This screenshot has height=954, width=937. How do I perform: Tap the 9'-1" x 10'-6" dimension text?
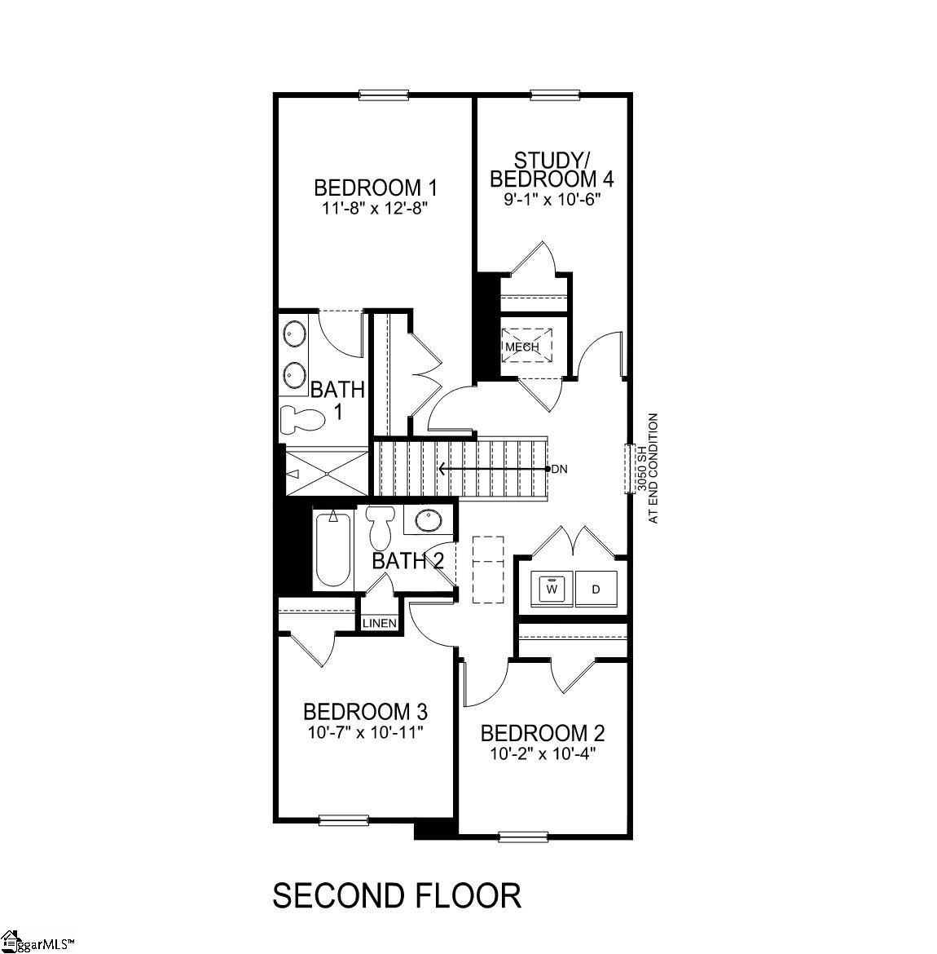coord(552,198)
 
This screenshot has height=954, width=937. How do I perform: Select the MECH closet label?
coord(522,347)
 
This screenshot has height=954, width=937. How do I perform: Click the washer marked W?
coord(552,588)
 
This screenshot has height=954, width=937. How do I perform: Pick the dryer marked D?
coord(596,588)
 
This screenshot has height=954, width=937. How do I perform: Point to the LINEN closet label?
coord(380,624)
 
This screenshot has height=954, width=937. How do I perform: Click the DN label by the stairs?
coord(559,469)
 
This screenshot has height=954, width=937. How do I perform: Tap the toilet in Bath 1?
coord(300,419)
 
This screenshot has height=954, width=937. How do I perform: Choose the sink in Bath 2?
coord(425,520)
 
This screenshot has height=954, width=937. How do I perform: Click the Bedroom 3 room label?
coord(365,711)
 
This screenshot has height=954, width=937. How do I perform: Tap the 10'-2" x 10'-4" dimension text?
coord(543,753)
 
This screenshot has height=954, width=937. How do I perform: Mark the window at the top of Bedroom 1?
coord(384,95)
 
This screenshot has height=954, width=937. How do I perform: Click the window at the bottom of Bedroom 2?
coord(521,836)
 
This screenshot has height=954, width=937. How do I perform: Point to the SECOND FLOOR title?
coord(397,895)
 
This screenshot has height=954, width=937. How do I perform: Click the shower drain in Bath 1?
coord(325,472)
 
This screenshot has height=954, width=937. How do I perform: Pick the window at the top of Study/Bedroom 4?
coord(555,95)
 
